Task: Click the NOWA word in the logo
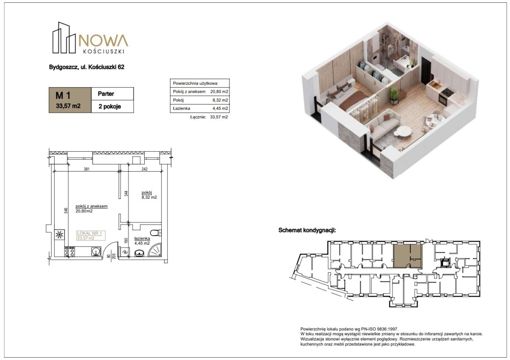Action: tap(103, 41)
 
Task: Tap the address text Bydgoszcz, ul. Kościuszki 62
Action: tap(87, 67)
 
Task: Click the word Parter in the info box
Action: tap(106, 94)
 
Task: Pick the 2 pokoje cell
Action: tap(110, 106)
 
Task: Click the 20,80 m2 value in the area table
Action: tap(219, 92)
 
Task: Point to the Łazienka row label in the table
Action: tap(181, 108)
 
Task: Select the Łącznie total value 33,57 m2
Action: tap(219, 117)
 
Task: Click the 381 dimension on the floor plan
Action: tap(86, 169)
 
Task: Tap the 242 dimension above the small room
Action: tap(145, 169)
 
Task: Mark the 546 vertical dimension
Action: tap(66, 211)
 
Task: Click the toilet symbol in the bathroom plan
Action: tap(156, 233)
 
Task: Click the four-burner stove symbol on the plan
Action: tap(70, 252)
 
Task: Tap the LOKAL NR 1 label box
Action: tap(91, 235)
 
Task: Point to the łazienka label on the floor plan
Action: tap(142, 239)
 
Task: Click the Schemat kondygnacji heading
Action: tap(307, 230)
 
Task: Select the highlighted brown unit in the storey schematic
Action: tap(408, 256)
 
